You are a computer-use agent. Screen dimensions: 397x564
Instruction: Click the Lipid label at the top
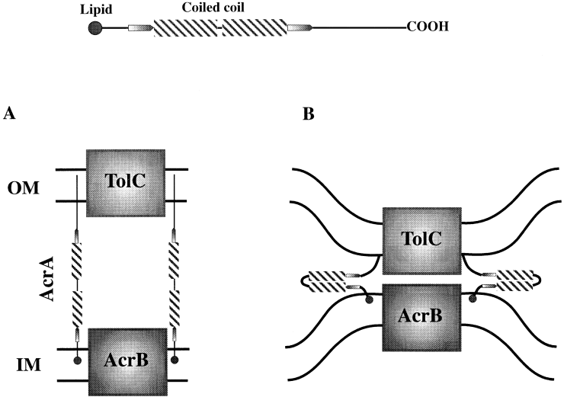[x=99, y=8]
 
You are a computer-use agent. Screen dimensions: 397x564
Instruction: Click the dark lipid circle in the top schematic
[x=95, y=29]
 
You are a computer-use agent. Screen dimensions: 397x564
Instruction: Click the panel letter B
[x=309, y=114]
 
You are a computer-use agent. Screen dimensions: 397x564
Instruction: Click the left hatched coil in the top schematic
[x=186, y=29]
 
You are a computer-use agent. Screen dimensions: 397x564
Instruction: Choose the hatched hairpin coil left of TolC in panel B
[x=323, y=280]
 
